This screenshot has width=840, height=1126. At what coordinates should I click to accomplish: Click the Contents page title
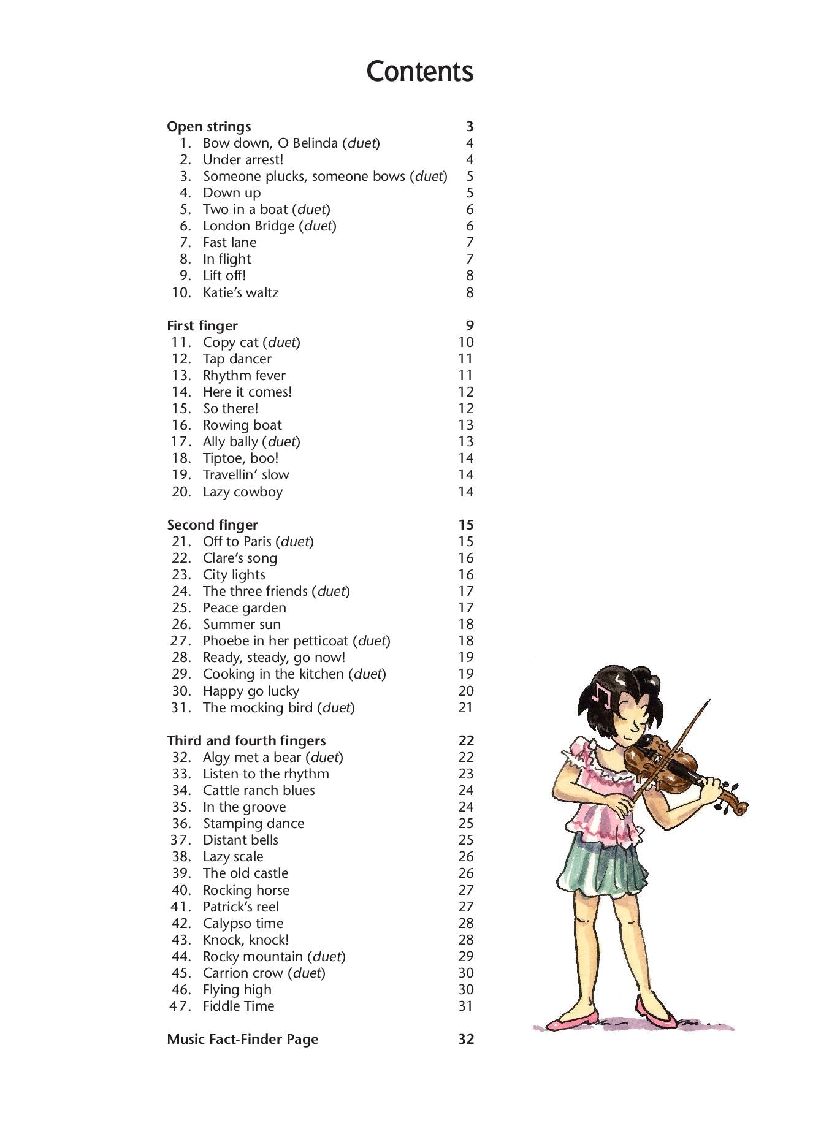pyautogui.click(x=419, y=71)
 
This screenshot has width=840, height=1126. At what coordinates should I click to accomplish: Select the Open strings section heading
pyautogui.click(x=208, y=127)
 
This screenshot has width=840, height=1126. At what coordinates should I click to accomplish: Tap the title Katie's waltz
pyautogui.click(x=240, y=293)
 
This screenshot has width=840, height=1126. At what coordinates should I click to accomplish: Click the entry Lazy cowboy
pyautogui.click(x=243, y=492)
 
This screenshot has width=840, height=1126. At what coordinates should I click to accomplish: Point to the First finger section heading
pyautogui.click(x=202, y=326)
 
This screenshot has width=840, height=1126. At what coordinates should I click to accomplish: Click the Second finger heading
pyautogui.click(x=212, y=525)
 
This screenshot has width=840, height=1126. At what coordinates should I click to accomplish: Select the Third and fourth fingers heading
pyautogui.click(x=246, y=740)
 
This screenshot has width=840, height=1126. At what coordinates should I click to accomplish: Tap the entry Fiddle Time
pyautogui.click(x=239, y=1006)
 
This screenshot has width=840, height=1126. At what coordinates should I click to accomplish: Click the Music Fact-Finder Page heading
pyautogui.click(x=242, y=1039)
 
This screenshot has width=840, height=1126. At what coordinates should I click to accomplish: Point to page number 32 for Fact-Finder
pyautogui.click(x=466, y=1039)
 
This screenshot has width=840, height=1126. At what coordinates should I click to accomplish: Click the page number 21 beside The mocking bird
pyautogui.click(x=466, y=707)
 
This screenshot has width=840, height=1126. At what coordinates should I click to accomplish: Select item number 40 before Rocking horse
pyautogui.click(x=181, y=890)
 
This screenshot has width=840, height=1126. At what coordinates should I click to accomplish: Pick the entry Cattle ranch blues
pyautogui.click(x=259, y=791)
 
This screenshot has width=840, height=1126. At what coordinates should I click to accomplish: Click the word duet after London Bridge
pyautogui.click(x=318, y=226)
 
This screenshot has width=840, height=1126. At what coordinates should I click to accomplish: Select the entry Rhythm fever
pyautogui.click(x=244, y=376)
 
